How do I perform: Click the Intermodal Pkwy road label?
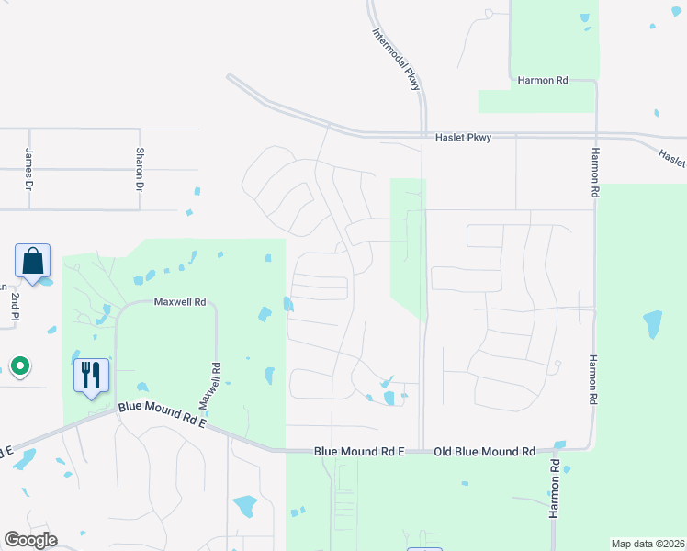pyautogui.click(x=397, y=57)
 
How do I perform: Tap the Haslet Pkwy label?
pyautogui.click(x=463, y=138)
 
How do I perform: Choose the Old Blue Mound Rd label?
pyautogui.click(x=484, y=452)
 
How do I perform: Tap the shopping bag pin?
pyautogui.click(x=33, y=262)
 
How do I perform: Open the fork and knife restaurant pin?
pyautogui.click(x=91, y=376)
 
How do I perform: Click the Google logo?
pyautogui.click(x=30, y=540)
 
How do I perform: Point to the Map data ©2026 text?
pyautogui.click(x=648, y=544)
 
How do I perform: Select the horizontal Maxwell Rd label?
pyautogui.click(x=179, y=301)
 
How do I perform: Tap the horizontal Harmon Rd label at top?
pyautogui.click(x=543, y=81)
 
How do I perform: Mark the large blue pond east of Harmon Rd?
pyautogui.click(x=652, y=323)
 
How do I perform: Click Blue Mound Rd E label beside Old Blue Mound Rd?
pyautogui.click(x=359, y=452)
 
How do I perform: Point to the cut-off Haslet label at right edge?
pyautogui.click(x=673, y=158)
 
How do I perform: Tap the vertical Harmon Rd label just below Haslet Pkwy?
pyautogui.click(x=595, y=174)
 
